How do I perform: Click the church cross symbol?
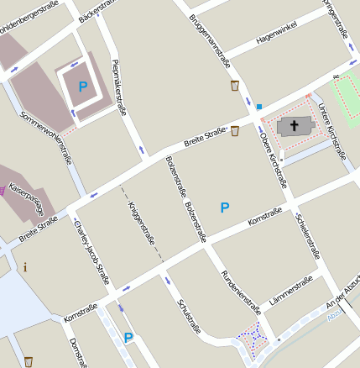coord(294,127)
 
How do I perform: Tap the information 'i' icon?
coord(25,267)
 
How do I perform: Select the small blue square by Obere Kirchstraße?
coord(259,107)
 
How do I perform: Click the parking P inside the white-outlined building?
coord(82,87)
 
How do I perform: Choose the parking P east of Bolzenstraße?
coord(224,207)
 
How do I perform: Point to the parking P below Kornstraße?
coord(128,338)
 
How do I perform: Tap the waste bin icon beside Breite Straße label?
coord(235,130)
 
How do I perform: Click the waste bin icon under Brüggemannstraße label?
coord(235,86)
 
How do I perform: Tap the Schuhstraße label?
coord(189,320)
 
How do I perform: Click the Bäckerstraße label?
coord(95,9)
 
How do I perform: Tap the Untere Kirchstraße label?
coord(332,130)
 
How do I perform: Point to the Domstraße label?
coord(77,353)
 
